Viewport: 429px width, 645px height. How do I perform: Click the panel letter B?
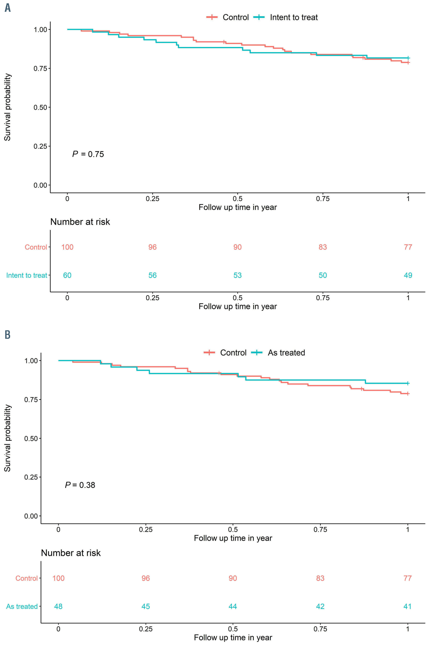[8, 334]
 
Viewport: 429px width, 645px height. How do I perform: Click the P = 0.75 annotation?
[88, 154]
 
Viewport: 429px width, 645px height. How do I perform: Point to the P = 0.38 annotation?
[80, 485]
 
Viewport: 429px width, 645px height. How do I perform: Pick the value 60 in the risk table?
[67, 275]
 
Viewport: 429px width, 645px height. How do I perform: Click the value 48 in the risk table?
[58, 606]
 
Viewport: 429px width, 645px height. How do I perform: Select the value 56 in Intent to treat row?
[152, 275]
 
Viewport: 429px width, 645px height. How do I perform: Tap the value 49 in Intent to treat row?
[408, 275]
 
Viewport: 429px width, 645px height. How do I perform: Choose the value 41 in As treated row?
[407, 606]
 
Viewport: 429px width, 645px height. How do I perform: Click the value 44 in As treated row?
[233, 606]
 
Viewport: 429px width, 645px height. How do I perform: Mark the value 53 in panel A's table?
[237, 275]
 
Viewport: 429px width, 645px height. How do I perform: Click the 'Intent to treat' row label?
[27, 275]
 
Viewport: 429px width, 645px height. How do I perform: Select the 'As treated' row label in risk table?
[22, 606]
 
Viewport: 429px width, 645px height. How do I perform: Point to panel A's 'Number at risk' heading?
[80, 222]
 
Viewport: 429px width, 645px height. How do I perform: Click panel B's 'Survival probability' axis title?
[7, 438]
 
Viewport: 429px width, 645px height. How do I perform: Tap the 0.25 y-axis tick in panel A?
[40, 146]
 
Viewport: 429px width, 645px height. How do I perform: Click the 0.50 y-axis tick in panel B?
[31, 439]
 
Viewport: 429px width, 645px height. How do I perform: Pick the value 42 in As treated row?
[320, 606]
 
